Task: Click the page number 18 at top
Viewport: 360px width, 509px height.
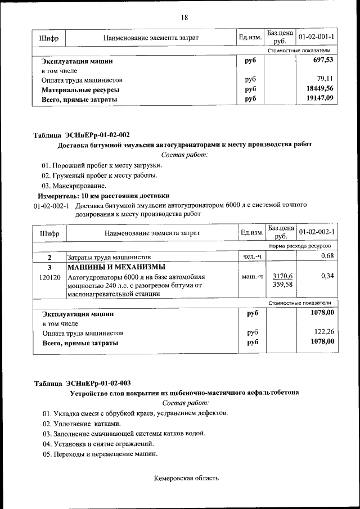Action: click(184, 17)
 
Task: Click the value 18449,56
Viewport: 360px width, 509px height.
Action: click(319, 89)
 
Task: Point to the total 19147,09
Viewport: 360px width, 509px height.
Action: click(319, 99)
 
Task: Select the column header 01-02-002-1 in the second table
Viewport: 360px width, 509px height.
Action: click(317, 232)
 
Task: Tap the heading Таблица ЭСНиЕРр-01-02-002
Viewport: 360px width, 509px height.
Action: click(82, 135)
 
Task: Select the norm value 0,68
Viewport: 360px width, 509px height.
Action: click(327, 256)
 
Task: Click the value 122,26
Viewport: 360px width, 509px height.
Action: click(323, 332)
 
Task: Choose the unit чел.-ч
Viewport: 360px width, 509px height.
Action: click(251, 256)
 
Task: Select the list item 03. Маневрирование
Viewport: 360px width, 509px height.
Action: click(74, 186)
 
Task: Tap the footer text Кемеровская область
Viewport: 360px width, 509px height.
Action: click(186, 478)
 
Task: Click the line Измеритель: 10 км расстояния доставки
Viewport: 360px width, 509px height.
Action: click(103, 196)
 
